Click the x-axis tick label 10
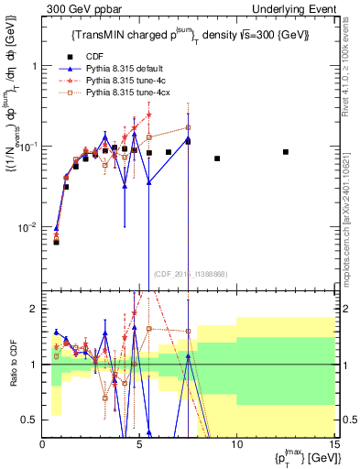(x=236, y=445)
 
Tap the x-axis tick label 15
(x=333, y=445)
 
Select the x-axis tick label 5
(x=139, y=445)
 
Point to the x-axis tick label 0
(x=43, y=445)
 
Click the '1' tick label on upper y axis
(x=34, y=67)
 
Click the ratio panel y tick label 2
(x=34, y=309)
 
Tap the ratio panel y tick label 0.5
(x=30, y=420)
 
